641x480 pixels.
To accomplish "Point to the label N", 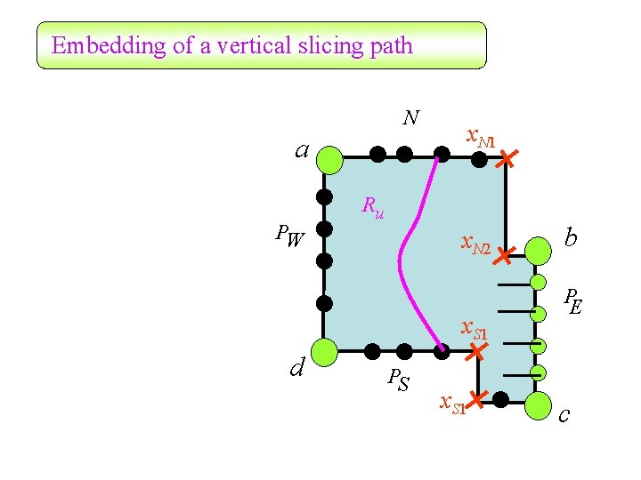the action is coord(410,117).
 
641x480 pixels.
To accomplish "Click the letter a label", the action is coord(303,149).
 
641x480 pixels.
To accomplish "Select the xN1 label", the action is coord(481,138).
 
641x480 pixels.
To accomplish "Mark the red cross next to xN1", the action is coord(506,160).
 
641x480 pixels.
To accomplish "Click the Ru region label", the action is coord(373,207).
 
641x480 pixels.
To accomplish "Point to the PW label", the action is coord(289,236).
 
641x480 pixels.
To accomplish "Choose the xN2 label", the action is coord(475,244).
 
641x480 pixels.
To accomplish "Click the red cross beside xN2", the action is coord(504,256).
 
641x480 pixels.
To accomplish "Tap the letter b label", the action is coord(571,237).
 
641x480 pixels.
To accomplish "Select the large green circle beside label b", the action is coord(538,251).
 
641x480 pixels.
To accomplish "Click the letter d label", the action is coord(298,365).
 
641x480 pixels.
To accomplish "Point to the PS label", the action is coord(399,380).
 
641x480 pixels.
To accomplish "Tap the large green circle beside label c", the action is coord(538,405).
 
